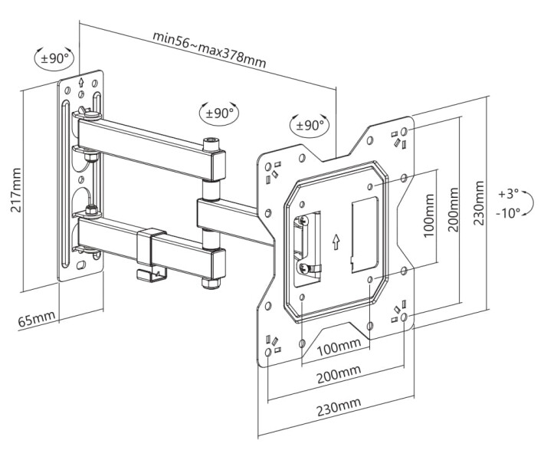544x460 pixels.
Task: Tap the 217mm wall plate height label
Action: pyautogui.click(x=15, y=190)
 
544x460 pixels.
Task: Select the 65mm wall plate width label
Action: pyautogui.click(x=37, y=319)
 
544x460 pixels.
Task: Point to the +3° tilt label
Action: pyautogui.click(x=508, y=193)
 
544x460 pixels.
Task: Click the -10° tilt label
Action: pyautogui.click(x=508, y=212)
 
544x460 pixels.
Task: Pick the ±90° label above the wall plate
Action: pyautogui.click(x=54, y=58)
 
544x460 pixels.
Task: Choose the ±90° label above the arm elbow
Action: pyautogui.click(x=219, y=113)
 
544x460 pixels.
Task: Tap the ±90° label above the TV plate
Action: pyautogui.click(x=310, y=125)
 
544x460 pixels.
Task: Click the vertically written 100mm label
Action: pyautogui.click(x=429, y=215)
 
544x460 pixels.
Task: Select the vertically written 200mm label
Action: pyautogui.click(x=453, y=210)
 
